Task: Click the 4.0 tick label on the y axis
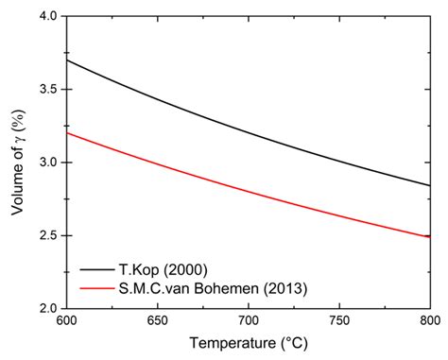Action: click(47, 16)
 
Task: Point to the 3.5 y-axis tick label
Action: click(47, 89)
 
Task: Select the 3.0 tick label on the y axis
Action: click(47, 163)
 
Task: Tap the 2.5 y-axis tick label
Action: click(47, 235)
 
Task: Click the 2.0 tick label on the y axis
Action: click(47, 308)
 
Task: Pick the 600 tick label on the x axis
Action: click(66, 321)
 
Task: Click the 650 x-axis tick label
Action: click(157, 321)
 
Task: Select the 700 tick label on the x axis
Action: click(248, 321)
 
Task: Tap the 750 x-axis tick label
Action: click(338, 321)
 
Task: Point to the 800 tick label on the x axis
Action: click(428, 321)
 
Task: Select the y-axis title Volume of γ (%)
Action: click(17, 162)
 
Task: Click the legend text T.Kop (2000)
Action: click(160, 267)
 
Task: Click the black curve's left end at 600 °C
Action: click(66, 60)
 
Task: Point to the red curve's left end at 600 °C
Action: click(66, 133)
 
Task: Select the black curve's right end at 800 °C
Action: click(429, 185)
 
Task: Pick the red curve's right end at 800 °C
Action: click(429, 237)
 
